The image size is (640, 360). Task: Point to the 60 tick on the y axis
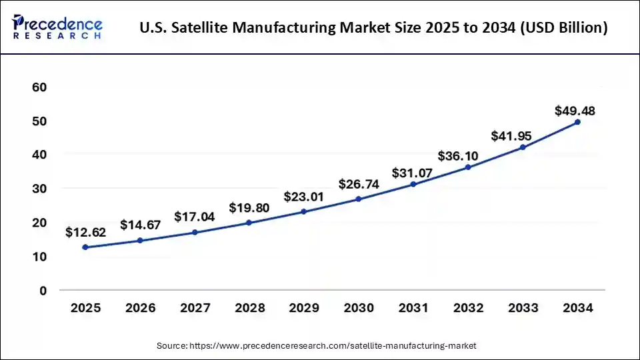(39, 87)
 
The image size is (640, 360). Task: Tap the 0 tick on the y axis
(42, 291)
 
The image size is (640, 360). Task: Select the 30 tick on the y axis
(39, 189)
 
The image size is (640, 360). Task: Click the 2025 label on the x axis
(85, 308)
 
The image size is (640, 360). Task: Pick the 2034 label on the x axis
(577, 308)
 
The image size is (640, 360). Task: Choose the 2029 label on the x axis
(304, 308)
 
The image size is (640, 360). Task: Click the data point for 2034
(577, 122)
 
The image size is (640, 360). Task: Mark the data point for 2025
(85, 247)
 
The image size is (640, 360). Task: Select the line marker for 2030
(359, 199)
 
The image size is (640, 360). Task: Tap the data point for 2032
(468, 167)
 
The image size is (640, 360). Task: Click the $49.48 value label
(575, 111)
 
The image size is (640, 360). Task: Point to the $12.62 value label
(85, 233)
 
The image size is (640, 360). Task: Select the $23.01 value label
(304, 197)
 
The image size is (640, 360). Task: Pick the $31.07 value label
(413, 173)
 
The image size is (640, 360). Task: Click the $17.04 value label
(195, 217)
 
